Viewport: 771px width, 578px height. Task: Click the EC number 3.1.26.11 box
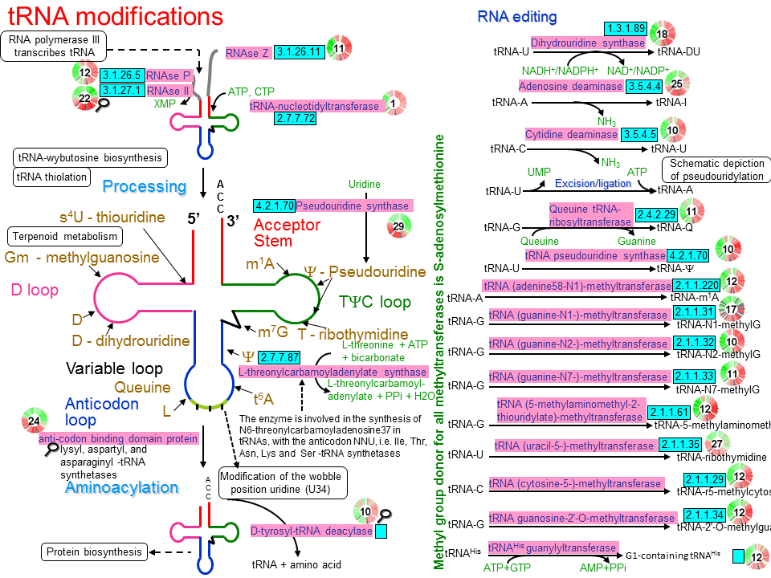click(299, 52)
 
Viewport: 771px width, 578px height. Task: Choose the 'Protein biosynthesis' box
click(94, 552)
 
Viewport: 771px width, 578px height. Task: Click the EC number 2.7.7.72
click(296, 119)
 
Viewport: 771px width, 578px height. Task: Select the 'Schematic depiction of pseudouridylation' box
click(713, 169)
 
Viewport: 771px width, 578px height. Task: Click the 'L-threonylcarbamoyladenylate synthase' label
click(332, 372)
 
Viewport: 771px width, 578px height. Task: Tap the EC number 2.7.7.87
click(279, 357)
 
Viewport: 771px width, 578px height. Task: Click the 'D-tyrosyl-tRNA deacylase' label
click(311, 531)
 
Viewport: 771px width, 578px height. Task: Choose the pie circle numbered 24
click(34, 421)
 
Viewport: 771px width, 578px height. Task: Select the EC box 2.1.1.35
click(680, 445)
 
